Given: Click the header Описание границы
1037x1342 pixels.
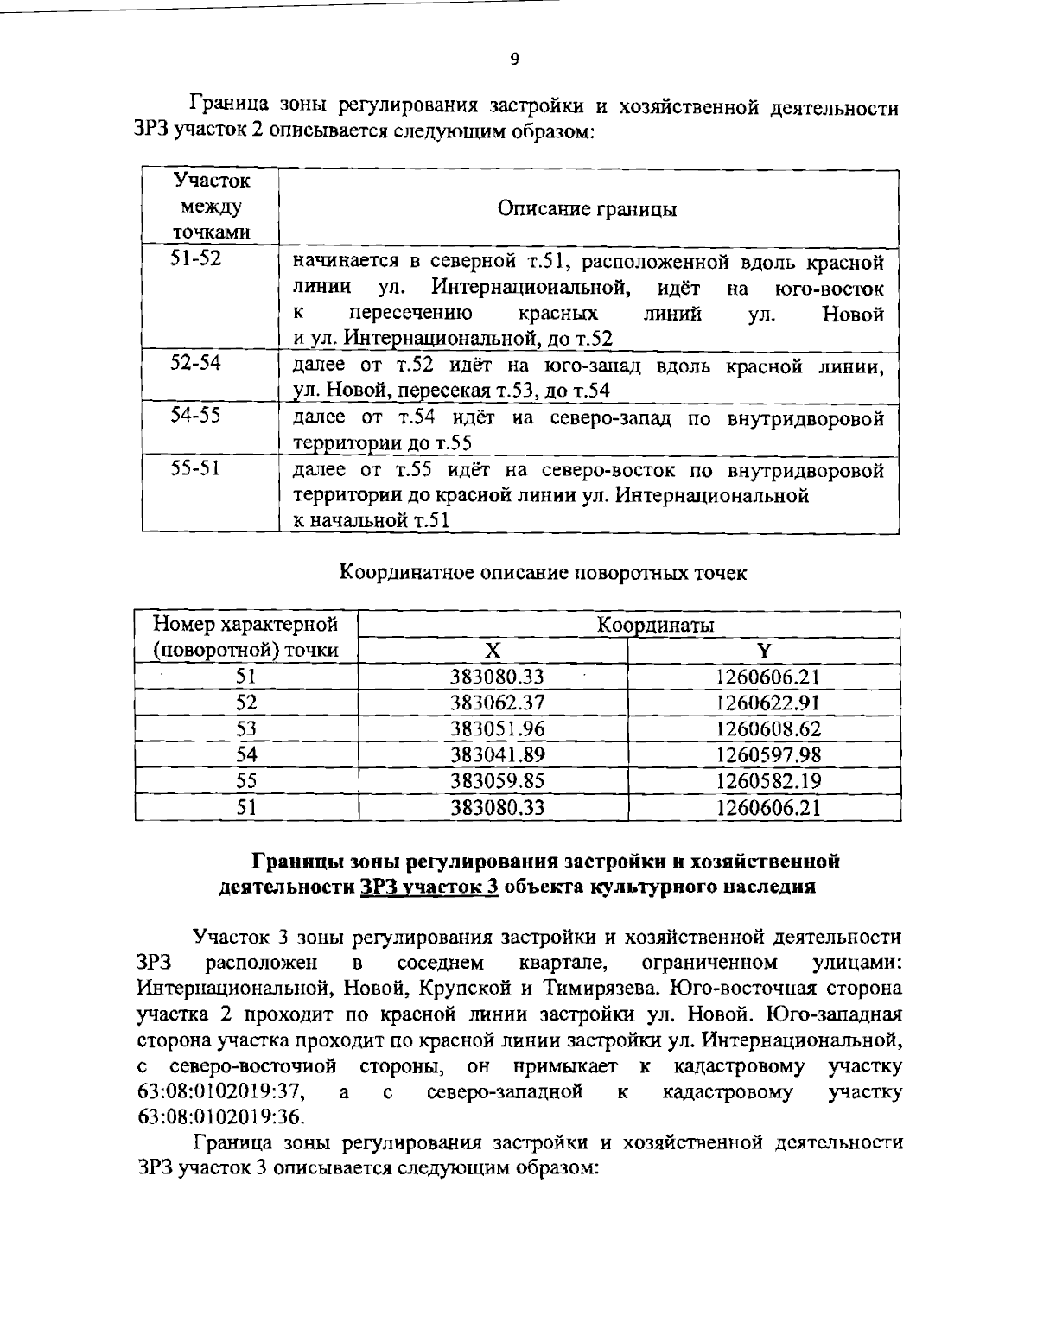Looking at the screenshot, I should (x=587, y=209).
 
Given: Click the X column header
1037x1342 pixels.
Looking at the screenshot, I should (x=492, y=651).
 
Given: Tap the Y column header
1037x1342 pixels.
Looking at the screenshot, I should (x=765, y=651).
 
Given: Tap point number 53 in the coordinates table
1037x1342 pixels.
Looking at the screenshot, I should (x=246, y=728).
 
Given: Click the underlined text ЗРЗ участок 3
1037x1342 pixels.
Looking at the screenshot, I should (x=429, y=887).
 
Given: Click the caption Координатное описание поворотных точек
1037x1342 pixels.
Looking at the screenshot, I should (x=543, y=573).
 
